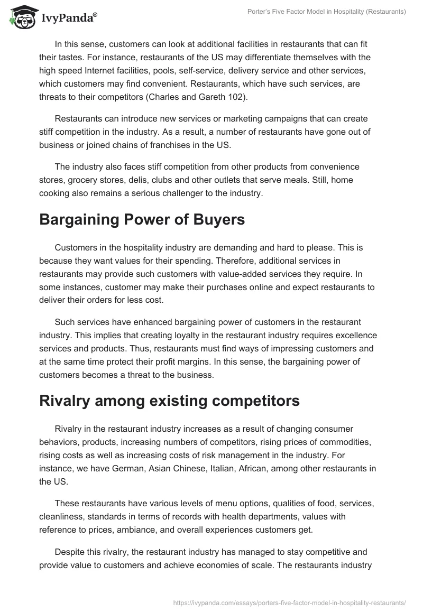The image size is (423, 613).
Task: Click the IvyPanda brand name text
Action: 68,17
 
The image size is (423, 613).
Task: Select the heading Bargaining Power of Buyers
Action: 142,220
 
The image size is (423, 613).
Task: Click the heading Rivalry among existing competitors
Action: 169,401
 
